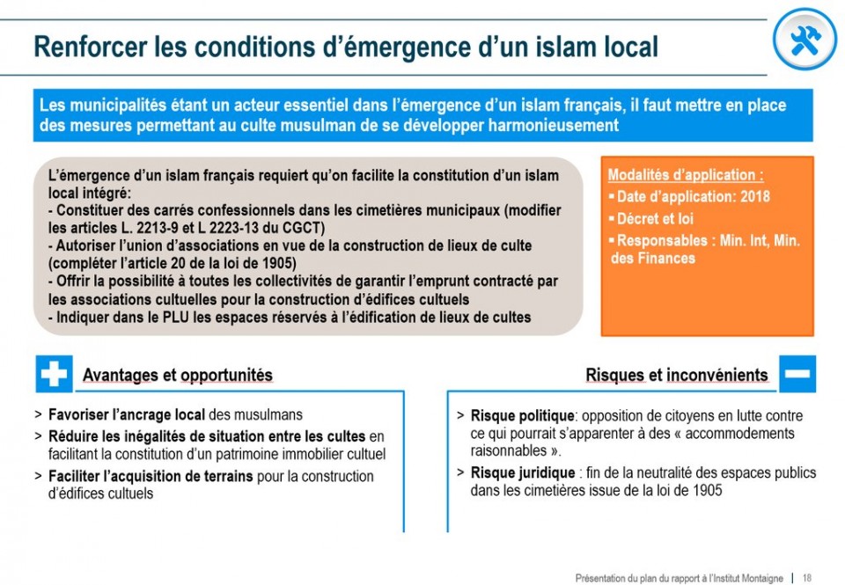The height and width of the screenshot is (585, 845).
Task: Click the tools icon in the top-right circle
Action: tap(805, 40)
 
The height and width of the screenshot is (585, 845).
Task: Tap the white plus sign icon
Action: tap(54, 375)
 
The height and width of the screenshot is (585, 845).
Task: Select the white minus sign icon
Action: tap(797, 375)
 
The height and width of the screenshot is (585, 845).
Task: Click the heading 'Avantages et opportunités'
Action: tap(177, 376)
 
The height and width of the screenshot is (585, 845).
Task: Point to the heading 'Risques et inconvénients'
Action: tap(676, 376)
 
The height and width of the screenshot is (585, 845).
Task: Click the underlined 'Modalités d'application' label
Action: tap(686, 175)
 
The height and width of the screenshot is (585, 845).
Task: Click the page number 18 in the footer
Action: tap(807, 578)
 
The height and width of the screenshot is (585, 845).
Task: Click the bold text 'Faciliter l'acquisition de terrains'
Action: tap(151, 477)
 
